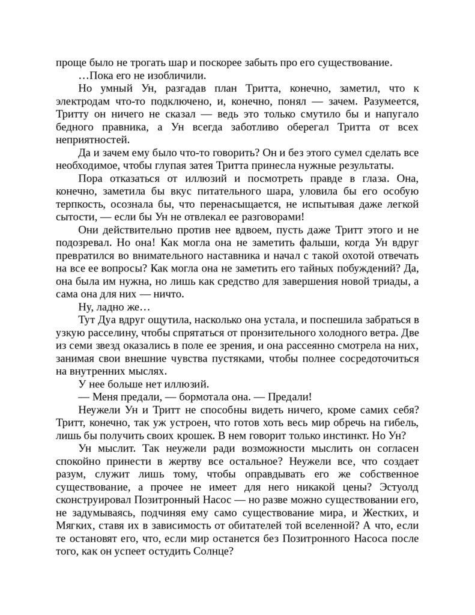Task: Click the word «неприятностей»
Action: point(92,140)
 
